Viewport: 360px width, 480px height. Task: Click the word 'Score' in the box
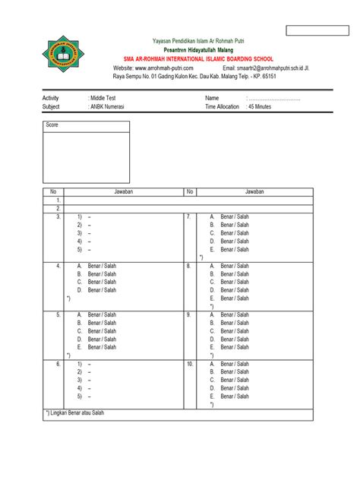(52, 125)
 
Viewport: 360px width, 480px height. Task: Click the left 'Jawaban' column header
(123, 192)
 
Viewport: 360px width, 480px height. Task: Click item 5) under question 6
(83, 396)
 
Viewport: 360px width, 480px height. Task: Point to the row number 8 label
(188, 266)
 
